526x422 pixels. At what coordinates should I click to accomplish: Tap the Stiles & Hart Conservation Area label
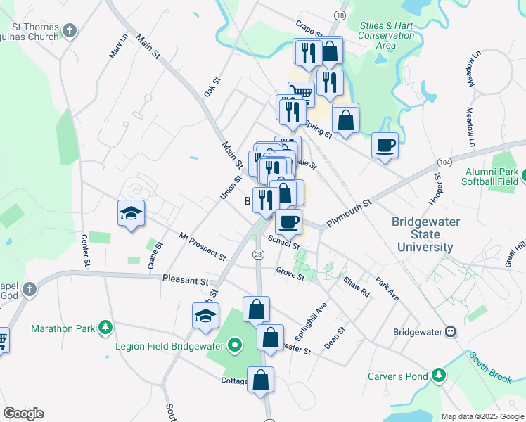click(386, 35)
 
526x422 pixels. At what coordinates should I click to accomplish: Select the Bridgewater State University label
click(425, 234)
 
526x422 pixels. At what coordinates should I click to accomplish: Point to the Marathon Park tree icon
click(105, 328)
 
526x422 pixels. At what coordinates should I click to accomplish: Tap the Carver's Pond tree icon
click(439, 376)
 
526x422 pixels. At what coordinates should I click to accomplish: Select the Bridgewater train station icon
click(450, 332)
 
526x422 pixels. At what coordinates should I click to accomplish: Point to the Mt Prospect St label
click(202, 246)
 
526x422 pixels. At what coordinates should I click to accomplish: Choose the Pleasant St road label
click(186, 279)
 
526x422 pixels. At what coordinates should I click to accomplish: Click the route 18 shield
click(340, 15)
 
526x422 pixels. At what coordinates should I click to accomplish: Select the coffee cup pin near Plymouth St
click(288, 222)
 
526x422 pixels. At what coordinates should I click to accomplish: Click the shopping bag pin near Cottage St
click(260, 380)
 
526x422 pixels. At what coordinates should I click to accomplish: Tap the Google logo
click(23, 414)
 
